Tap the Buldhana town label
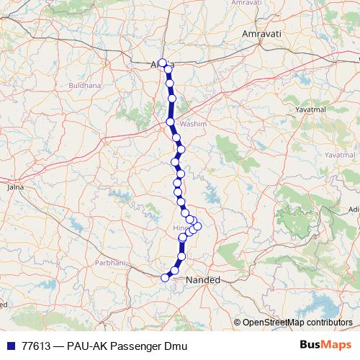click(84, 85)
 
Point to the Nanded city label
click(202, 279)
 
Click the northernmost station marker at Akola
click(163, 63)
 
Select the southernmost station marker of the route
click(166, 277)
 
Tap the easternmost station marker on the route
click(198, 226)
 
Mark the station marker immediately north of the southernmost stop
click(175, 270)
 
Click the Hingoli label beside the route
click(180, 228)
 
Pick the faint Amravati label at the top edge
click(245, 3)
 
